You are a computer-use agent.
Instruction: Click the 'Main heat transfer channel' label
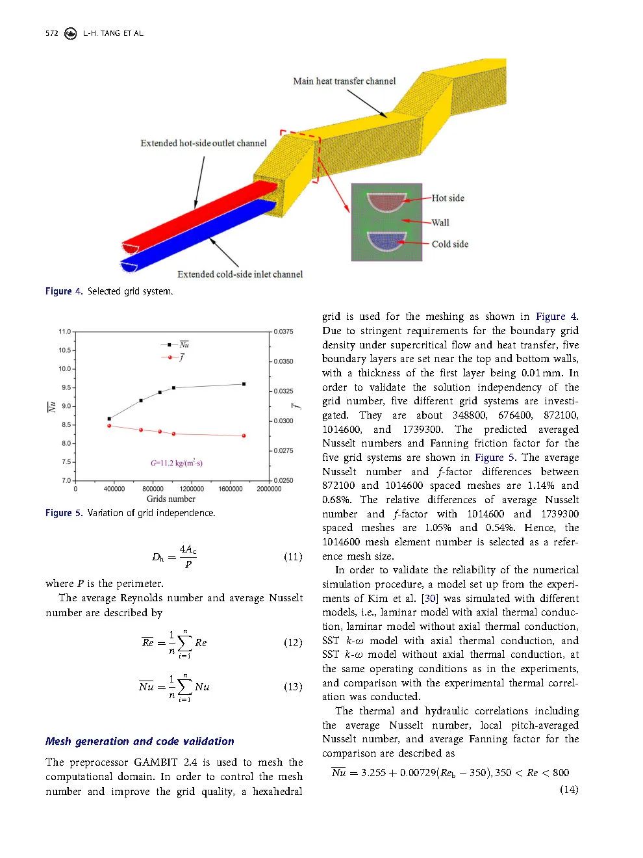[x=344, y=81]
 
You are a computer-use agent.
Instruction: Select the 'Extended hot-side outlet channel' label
[x=203, y=143]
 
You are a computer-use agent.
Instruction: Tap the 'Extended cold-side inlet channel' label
[x=240, y=274]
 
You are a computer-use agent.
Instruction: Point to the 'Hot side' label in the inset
[x=448, y=198]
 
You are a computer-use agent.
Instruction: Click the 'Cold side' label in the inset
[x=449, y=244]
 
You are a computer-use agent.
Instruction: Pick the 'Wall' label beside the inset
[x=440, y=222]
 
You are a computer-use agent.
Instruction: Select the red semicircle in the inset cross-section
[x=386, y=201]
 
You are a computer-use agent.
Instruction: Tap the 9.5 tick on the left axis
[x=66, y=388]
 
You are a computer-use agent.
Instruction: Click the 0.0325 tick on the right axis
[x=283, y=391]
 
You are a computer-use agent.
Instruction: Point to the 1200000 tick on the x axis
[x=192, y=489]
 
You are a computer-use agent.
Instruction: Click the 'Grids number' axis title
[x=171, y=499]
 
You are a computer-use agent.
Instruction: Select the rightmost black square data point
[x=244, y=384]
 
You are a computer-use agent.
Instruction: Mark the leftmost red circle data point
[x=109, y=426]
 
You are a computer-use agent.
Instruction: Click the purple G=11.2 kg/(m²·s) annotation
[x=177, y=463]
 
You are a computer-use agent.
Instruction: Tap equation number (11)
[x=293, y=557]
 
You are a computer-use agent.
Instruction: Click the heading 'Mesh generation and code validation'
[x=140, y=741]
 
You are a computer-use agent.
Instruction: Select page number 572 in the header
[x=52, y=33]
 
